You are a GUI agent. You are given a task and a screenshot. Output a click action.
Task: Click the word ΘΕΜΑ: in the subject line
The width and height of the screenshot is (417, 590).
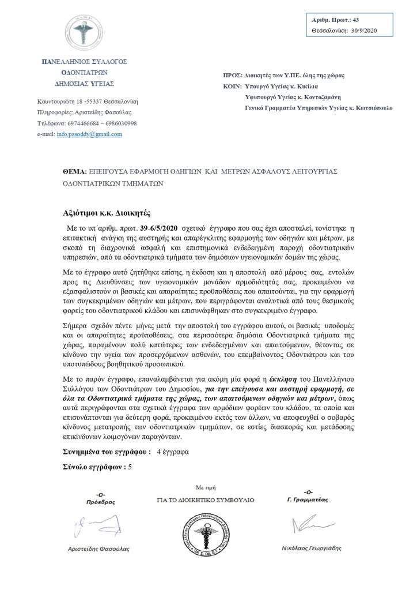click(74, 172)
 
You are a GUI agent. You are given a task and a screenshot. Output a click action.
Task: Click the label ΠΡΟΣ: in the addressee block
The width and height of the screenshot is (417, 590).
click(232, 76)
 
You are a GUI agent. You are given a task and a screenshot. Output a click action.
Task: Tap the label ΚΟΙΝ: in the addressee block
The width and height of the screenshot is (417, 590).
click(232, 87)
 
